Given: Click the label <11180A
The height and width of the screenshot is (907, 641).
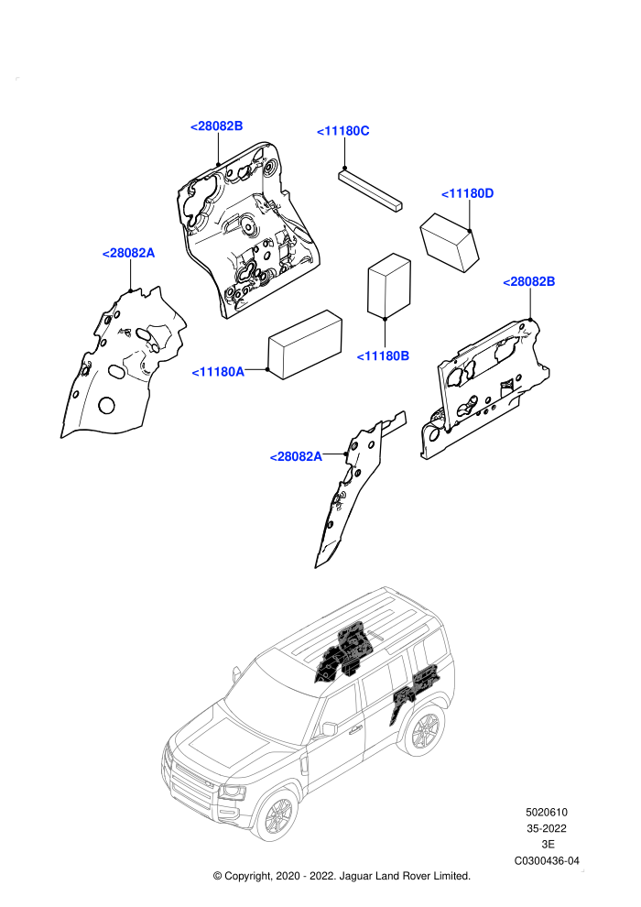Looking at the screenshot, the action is pos(218,372).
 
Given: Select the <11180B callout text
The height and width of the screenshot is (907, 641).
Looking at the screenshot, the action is pos(383,356).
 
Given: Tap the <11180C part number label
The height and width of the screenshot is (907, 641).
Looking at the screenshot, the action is pos(342,131).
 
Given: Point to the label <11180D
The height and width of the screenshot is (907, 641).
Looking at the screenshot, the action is pos(467,194).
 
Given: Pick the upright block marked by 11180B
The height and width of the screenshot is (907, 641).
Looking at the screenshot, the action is pos(389,286).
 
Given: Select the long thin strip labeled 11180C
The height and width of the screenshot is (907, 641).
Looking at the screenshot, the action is pos(370,190).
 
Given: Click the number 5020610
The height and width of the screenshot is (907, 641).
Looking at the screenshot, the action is pos(546,813).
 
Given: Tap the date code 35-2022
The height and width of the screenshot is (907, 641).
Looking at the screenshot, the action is pos(546,829).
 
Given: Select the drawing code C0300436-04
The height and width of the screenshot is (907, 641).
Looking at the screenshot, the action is pos(547,861).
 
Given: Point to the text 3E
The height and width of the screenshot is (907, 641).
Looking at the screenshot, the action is pos(548,845).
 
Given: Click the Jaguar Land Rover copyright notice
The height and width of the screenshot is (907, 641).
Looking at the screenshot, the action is pos(342,877).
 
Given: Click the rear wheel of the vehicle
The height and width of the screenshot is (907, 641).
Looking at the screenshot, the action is pos(425,731).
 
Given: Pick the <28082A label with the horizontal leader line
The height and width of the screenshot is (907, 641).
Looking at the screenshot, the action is pos(296,457).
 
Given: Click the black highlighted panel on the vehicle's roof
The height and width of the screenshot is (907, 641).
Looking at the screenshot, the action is pos(342,652).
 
